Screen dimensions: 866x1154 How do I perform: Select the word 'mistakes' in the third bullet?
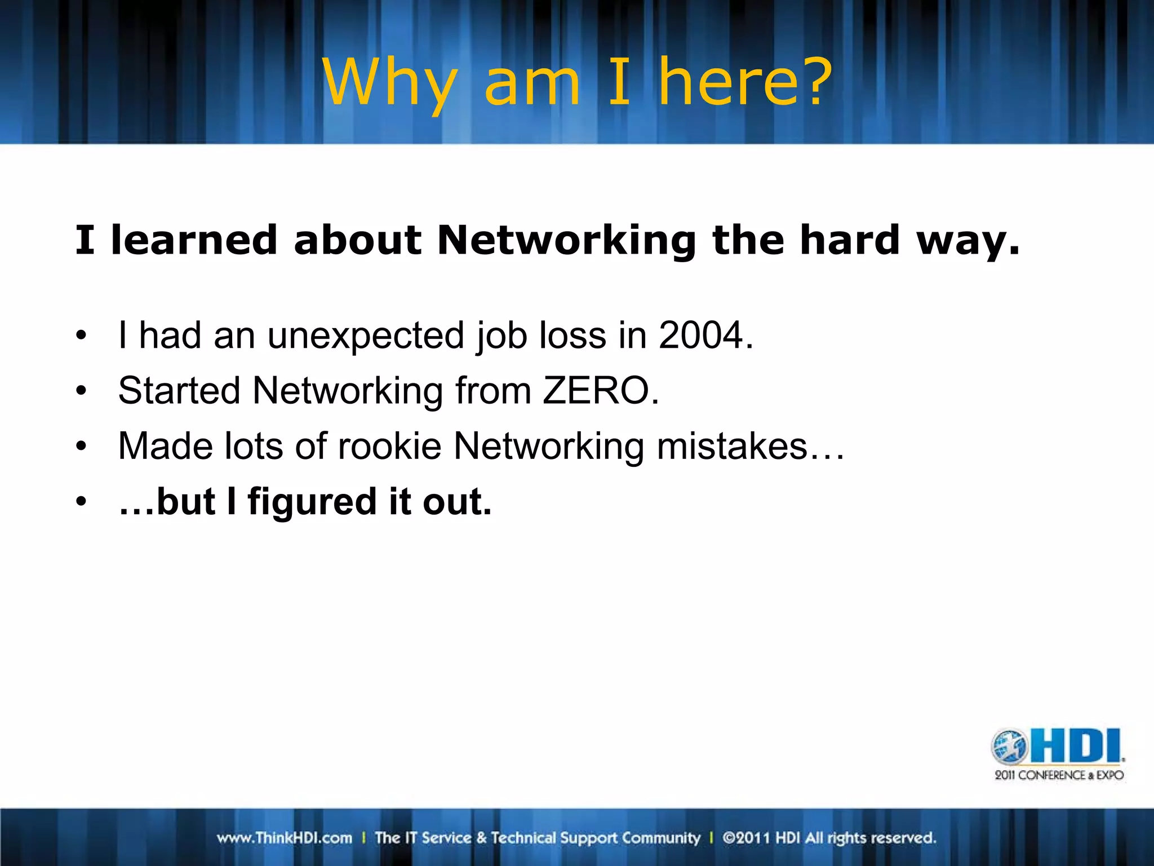733,446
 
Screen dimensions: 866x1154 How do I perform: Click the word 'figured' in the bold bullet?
312,501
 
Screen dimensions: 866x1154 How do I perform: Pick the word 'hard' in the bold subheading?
849,240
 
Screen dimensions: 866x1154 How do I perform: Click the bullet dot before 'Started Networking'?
82,391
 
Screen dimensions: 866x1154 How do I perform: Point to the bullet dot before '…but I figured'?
82,501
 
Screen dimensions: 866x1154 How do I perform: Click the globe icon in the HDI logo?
1010,746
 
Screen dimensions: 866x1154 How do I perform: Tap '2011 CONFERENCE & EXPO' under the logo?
1059,775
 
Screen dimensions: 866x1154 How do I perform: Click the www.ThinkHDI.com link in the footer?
285,838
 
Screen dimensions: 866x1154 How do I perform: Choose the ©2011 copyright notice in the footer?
829,838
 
